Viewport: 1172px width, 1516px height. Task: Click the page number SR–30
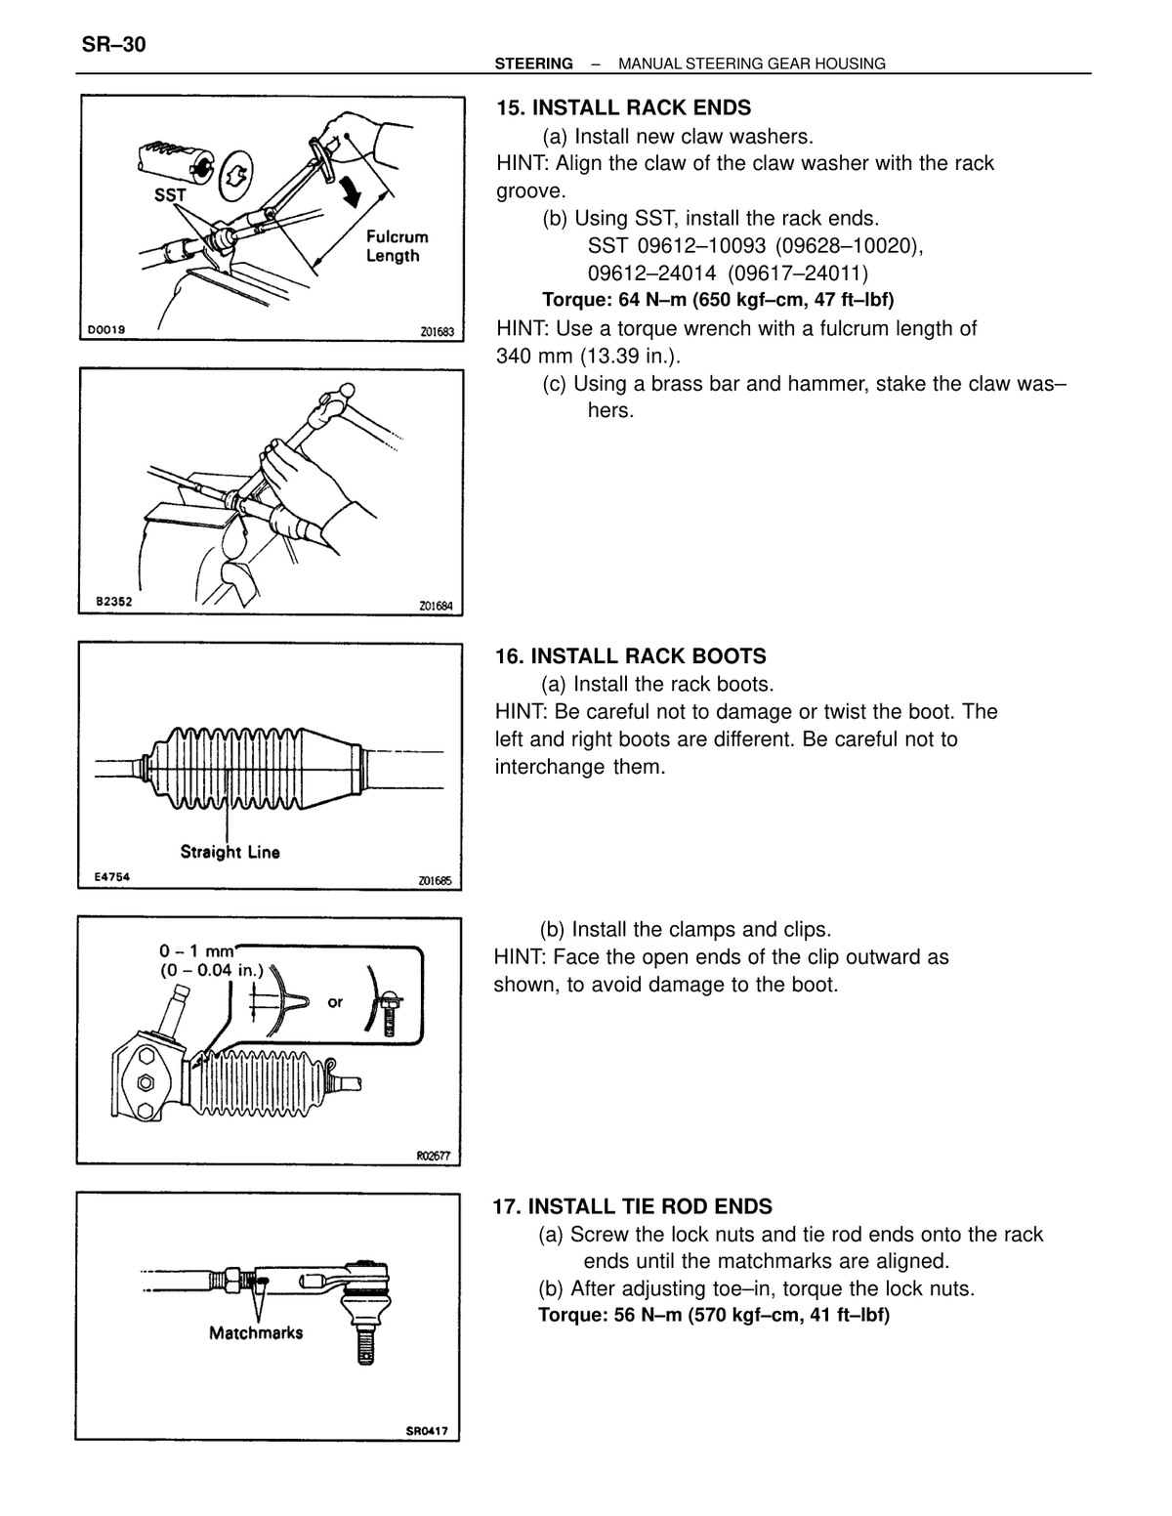tap(113, 45)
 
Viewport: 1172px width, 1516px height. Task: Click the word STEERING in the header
tap(533, 63)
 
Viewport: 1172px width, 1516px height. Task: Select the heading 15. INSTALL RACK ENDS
tap(623, 107)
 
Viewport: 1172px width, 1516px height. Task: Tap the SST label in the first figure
tap(170, 194)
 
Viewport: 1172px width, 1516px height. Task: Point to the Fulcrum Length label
tap(397, 246)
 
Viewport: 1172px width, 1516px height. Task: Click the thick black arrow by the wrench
tap(351, 189)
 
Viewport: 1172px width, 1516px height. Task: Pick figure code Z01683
tap(437, 332)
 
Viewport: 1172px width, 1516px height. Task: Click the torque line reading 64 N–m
tap(718, 299)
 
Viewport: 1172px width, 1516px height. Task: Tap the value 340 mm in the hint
tap(534, 356)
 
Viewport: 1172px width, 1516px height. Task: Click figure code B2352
tap(113, 602)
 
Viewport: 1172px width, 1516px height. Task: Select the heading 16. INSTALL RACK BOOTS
tap(630, 655)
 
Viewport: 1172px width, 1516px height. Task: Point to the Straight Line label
tap(230, 852)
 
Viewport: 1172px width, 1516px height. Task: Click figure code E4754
tap(112, 876)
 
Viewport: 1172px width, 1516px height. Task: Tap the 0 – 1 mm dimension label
tap(196, 950)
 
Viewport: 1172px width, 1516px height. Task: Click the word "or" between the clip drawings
tap(335, 1002)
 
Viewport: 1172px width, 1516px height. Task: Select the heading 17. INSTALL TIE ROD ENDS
tap(632, 1206)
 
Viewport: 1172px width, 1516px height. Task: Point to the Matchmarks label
tap(256, 1333)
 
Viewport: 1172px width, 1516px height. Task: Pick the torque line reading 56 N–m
tap(714, 1315)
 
